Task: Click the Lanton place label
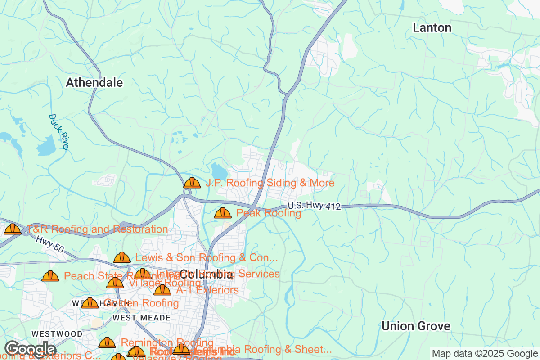coord(432,28)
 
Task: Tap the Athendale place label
coord(94,83)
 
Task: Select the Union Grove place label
coord(415,326)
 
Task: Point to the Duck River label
coord(58,132)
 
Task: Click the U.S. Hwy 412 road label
coord(314,206)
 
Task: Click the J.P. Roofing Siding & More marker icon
coord(192,183)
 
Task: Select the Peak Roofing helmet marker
coord(223,213)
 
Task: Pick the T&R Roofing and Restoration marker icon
coord(13,229)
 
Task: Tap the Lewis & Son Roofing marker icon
coord(122,258)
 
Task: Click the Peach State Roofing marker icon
coord(50,276)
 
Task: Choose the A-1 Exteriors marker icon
coord(162,290)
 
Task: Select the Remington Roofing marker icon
coord(107,343)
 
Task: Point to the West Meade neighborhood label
coord(135,318)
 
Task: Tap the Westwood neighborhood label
coord(57,334)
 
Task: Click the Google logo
coord(30,349)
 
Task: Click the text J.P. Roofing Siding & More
coord(270,183)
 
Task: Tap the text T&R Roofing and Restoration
coord(97,229)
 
